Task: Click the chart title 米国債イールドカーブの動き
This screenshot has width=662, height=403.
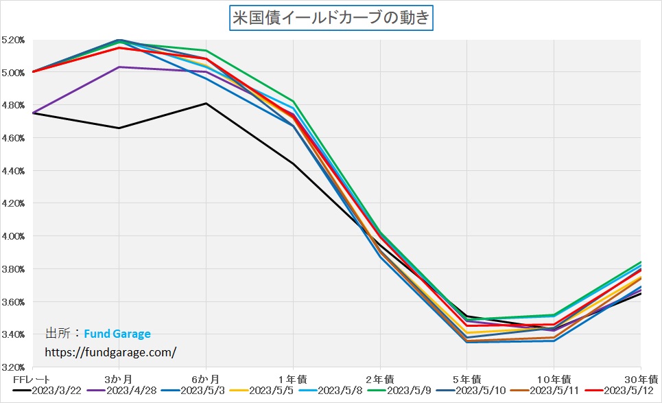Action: [x=331, y=17]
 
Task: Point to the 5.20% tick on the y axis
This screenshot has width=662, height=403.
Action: [x=13, y=40]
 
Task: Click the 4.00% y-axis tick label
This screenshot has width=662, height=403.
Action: [x=13, y=236]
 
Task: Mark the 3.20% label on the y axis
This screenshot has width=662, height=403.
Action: [x=13, y=367]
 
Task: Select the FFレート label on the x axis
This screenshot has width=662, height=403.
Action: [x=28, y=378]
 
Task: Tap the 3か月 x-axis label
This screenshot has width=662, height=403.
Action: [x=119, y=378]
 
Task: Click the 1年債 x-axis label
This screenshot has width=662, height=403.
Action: [x=293, y=378]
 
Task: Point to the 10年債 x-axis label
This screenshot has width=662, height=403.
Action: [x=554, y=378]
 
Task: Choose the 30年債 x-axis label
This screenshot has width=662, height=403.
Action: [x=645, y=378]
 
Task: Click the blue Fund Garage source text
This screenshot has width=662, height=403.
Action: [x=117, y=334]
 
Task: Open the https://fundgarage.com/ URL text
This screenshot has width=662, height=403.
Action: [x=110, y=352]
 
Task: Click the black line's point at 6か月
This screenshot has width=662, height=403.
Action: [x=206, y=104]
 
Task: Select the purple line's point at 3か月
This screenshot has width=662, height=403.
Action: [x=119, y=67]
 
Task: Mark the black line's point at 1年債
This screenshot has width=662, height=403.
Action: [x=294, y=164]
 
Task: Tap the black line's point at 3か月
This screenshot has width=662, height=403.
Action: [x=119, y=128]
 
